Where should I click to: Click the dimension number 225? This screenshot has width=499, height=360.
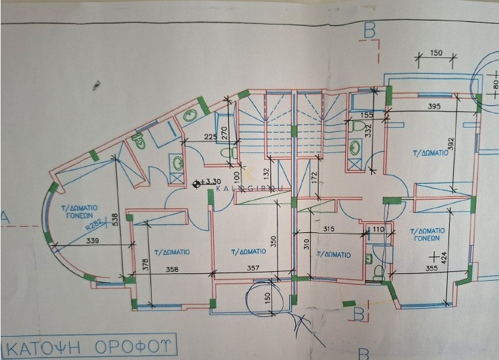coord(210,136)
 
